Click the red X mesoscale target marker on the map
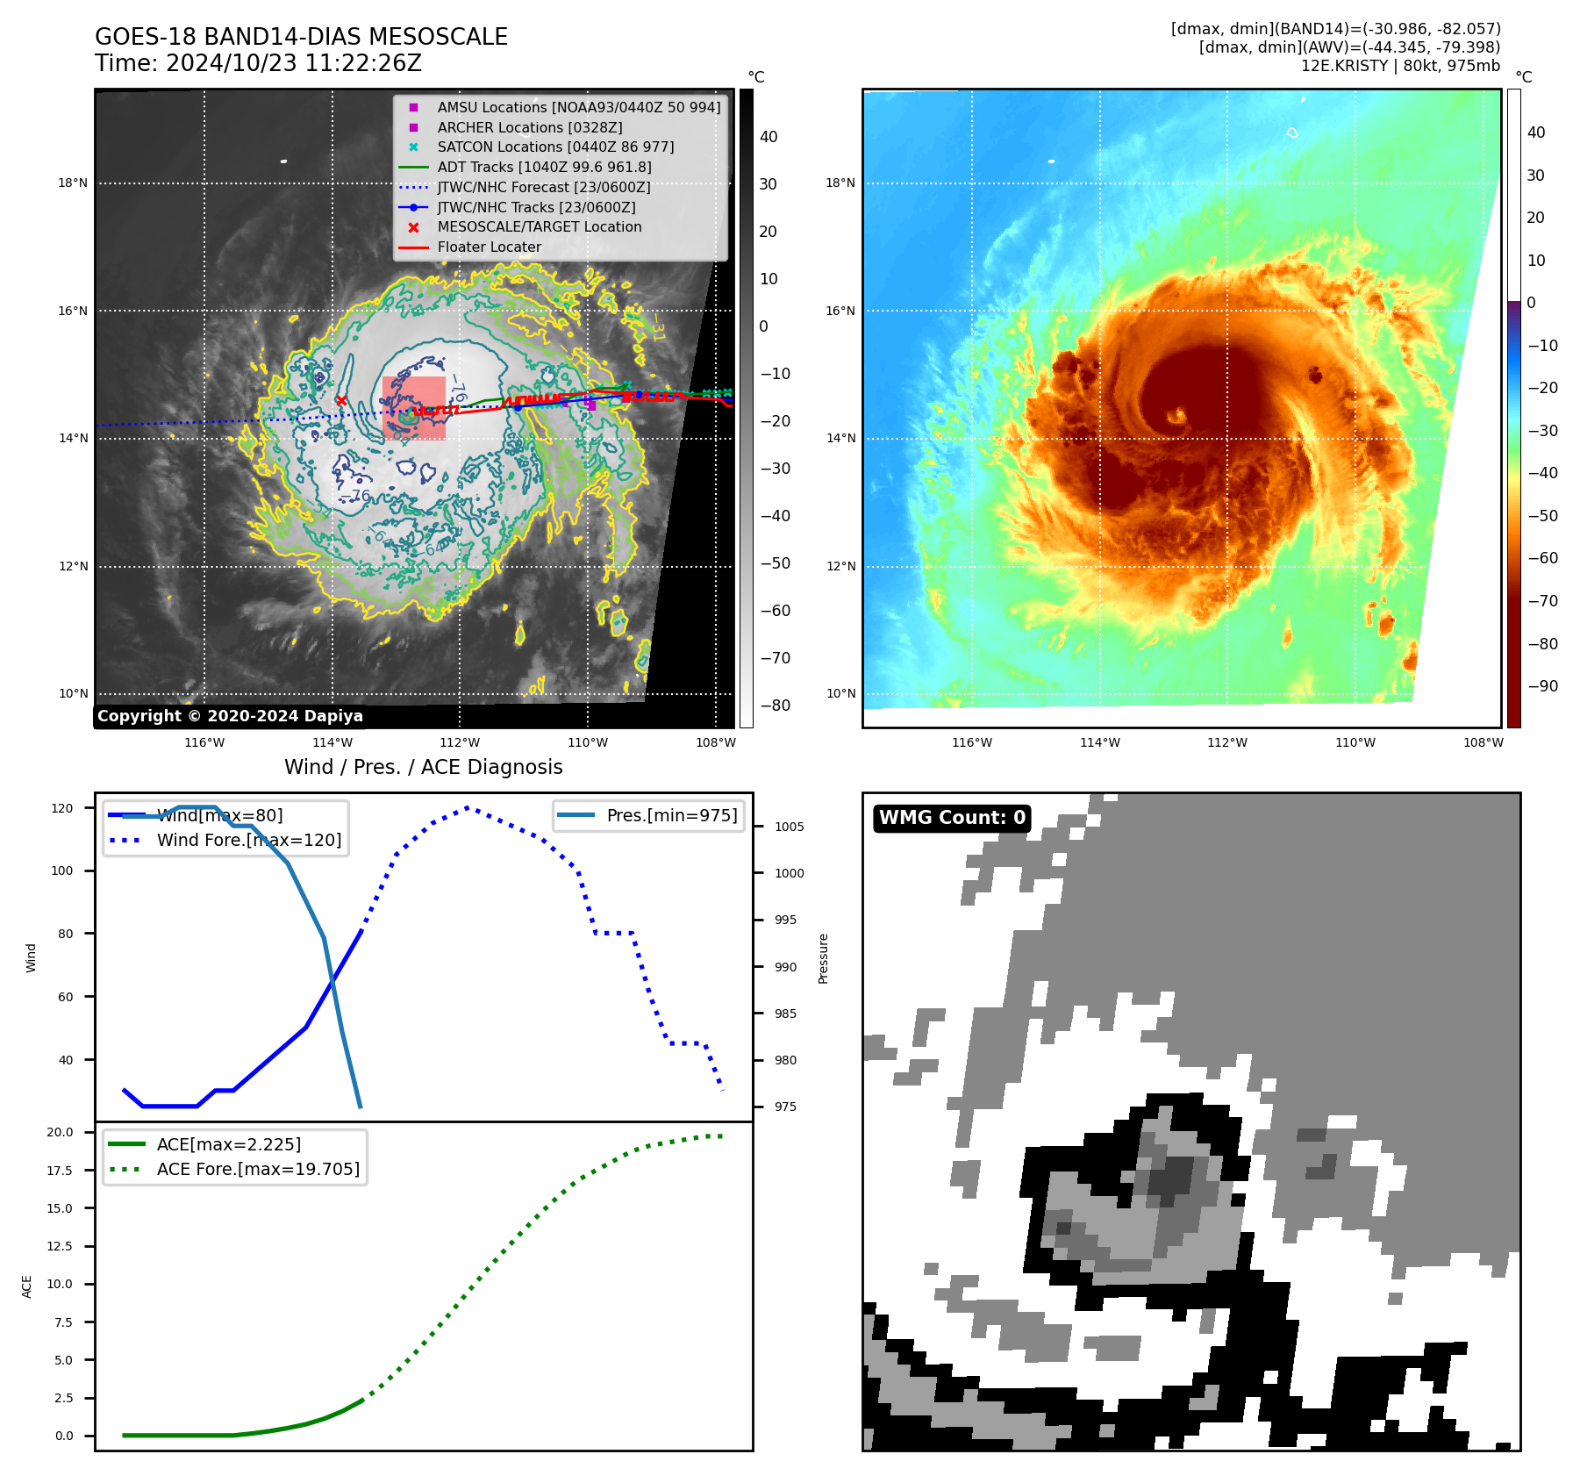click(341, 401)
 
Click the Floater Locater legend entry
click(489, 247)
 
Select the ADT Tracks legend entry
click(544, 167)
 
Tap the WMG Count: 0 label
click(952, 818)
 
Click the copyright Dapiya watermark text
click(230, 716)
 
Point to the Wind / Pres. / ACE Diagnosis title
click(423, 767)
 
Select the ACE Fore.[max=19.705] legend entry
click(258, 1169)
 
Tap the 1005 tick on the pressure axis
click(789, 827)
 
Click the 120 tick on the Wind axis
click(62, 808)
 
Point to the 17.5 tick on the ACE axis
click(61, 1171)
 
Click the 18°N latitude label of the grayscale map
click(73, 183)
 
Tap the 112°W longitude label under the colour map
click(1226, 743)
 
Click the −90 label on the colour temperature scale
click(1542, 686)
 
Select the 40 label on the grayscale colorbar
click(769, 137)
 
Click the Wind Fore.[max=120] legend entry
click(249, 840)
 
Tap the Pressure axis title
click(823, 958)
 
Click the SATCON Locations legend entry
click(555, 147)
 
